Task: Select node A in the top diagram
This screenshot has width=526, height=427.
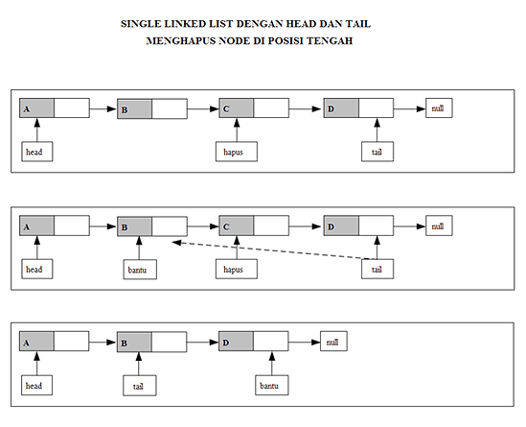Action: [x=55, y=107]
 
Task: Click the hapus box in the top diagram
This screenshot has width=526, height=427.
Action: [x=237, y=152]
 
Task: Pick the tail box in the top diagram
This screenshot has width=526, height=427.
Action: [x=377, y=152]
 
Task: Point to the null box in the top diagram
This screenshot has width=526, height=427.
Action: [x=439, y=107]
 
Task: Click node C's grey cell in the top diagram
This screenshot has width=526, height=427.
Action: [x=237, y=107]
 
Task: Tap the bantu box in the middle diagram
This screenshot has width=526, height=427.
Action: [x=140, y=269]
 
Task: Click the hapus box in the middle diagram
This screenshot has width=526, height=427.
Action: [x=237, y=269]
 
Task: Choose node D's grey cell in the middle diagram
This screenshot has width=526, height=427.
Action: [x=341, y=225]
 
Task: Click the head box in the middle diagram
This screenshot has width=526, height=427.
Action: [x=37, y=269]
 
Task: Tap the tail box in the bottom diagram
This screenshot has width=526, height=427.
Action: [x=140, y=386]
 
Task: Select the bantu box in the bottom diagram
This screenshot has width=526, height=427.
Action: [x=272, y=385]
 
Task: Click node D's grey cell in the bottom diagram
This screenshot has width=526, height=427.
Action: [x=236, y=342]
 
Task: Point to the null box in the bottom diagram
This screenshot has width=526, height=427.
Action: [x=333, y=341]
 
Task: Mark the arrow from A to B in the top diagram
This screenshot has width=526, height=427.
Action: [x=103, y=108]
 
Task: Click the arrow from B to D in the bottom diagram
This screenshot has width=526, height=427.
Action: [x=202, y=343]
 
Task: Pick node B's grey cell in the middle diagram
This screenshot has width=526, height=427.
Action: [x=134, y=226]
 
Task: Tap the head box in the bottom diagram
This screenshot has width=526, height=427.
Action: [x=36, y=385]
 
